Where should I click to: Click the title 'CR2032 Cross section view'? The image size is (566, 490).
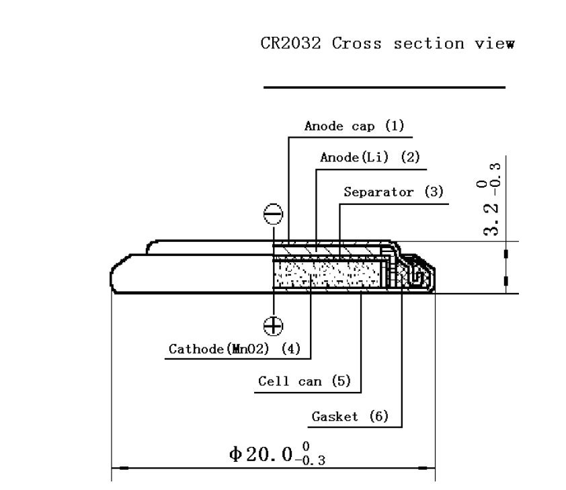(x=388, y=44)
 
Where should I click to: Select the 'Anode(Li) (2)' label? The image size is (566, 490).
(x=370, y=158)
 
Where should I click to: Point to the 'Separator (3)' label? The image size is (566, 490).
(x=394, y=192)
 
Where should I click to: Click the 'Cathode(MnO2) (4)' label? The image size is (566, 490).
(x=235, y=349)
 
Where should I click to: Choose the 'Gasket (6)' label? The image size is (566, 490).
(x=350, y=417)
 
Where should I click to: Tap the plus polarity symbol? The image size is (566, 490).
(x=273, y=326)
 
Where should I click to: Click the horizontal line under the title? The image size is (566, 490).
(x=384, y=87)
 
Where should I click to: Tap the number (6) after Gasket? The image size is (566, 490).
(x=379, y=417)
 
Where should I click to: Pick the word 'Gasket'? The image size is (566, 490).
(x=334, y=417)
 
